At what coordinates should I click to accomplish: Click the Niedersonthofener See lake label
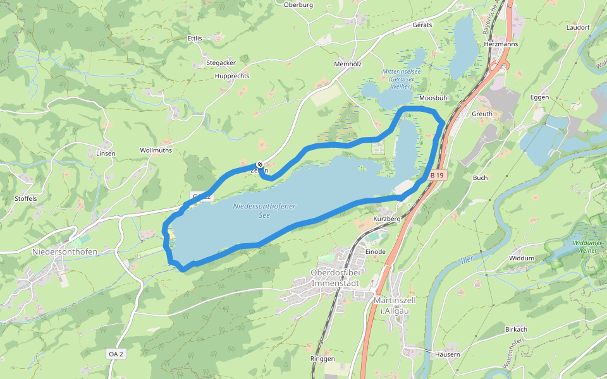coord(264,210)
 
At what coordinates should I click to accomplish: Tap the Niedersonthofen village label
coord(64,251)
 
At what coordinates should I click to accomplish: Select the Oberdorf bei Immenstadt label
coord(335,278)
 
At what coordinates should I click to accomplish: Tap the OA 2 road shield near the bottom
coord(115,354)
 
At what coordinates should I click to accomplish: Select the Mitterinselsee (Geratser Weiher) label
coord(402,79)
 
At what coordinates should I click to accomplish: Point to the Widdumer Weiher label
coord(575,246)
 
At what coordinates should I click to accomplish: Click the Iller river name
coord(467,260)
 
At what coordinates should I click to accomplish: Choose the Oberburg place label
coord(299,4)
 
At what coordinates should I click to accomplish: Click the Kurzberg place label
coord(388,219)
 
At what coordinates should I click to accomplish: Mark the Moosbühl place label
coord(434,99)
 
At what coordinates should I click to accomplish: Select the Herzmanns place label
coord(500,45)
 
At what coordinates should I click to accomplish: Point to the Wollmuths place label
coord(156,151)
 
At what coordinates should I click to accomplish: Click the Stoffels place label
coord(26,198)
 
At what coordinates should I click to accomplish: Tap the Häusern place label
coord(448,354)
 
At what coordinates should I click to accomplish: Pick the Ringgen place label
coord(322,359)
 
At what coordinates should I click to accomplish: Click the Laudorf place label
coord(578,28)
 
